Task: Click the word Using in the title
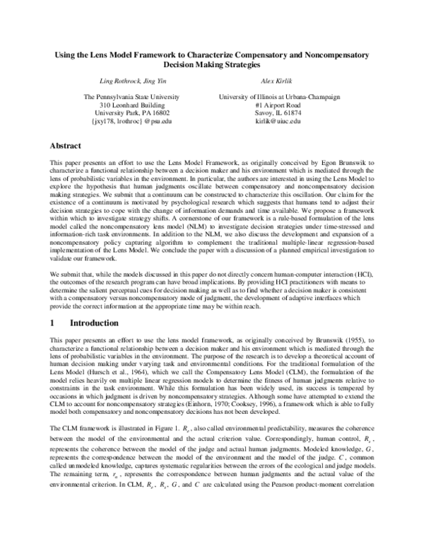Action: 68,53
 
